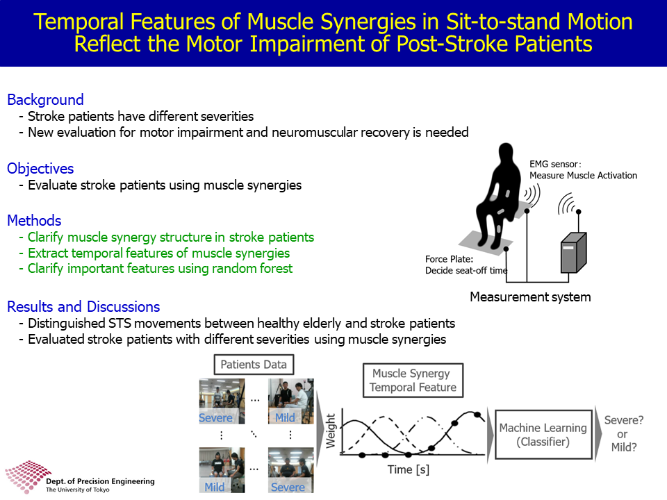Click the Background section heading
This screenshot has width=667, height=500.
tap(46, 99)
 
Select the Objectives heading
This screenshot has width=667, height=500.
tap(40, 169)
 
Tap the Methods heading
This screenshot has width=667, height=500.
tap(35, 221)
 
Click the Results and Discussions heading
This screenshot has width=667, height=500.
tap(83, 306)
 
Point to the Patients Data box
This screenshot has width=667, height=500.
tap(254, 365)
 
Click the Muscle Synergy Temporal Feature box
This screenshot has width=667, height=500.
tap(413, 380)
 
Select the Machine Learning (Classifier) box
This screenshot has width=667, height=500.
tap(543, 435)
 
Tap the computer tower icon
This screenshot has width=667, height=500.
tap(573, 252)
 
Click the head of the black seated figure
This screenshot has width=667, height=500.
tap(507, 153)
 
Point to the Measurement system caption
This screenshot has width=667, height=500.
tap(530, 297)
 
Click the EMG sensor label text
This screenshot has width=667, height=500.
tap(583, 169)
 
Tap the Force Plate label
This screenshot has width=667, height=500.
tap(466, 265)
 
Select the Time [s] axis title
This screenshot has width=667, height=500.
tap(409, 470)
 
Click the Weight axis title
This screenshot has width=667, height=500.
tap(331, 431)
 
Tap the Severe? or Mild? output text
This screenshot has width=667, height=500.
tap(624, 433)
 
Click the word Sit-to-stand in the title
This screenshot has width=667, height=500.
tap(504, 22)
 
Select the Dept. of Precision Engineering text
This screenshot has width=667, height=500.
tap(100, 481)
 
